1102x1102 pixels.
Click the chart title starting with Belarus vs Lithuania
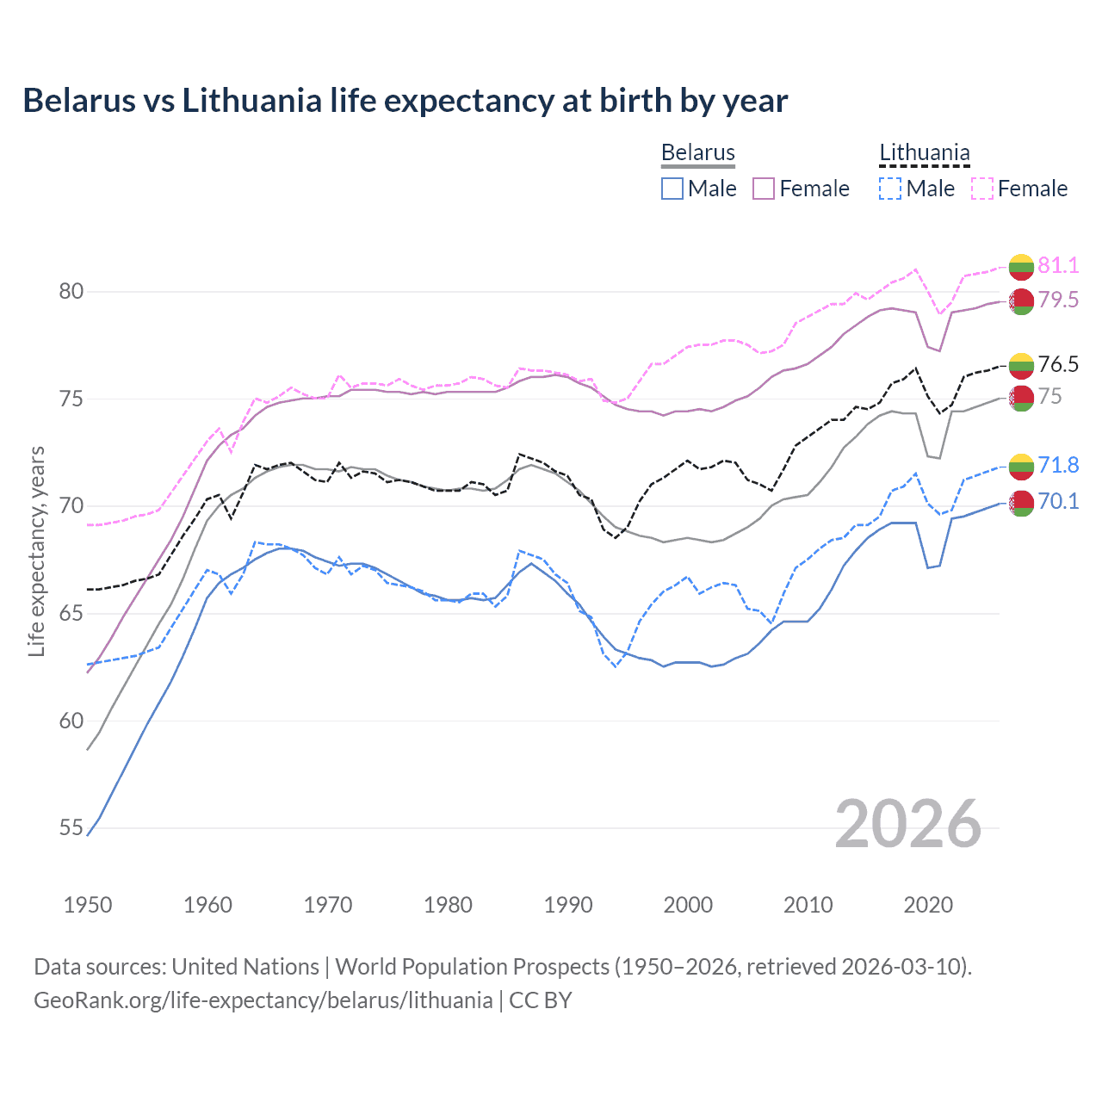coord(405,101)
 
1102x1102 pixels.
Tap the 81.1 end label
coord(1058,265)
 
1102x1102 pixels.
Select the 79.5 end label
coord(1058,300)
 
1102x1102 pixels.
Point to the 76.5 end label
coord(1058,364)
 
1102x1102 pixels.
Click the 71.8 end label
coord(1058,465)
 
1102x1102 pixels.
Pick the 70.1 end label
coord(1058,501)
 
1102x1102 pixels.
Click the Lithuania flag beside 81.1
coord(1021,267)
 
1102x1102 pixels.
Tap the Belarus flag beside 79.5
coord(1021,301)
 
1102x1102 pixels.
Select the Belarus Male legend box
coord(672,189)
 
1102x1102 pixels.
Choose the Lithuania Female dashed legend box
coord(982,189)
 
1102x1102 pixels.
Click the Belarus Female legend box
coord(764,189)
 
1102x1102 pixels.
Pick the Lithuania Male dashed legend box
coord(890,189)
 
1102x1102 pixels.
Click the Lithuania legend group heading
coord(925,152)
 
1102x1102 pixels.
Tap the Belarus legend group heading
coord(698,152)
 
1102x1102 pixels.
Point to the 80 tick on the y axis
coord(71,291)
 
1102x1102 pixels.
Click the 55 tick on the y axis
coord(71,828)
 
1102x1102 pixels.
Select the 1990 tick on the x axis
coord(568,905)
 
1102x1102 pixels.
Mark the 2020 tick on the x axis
coord(928,905)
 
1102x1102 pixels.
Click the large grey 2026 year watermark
coord(908,824)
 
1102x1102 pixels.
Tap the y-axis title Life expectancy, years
coord(37,551)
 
